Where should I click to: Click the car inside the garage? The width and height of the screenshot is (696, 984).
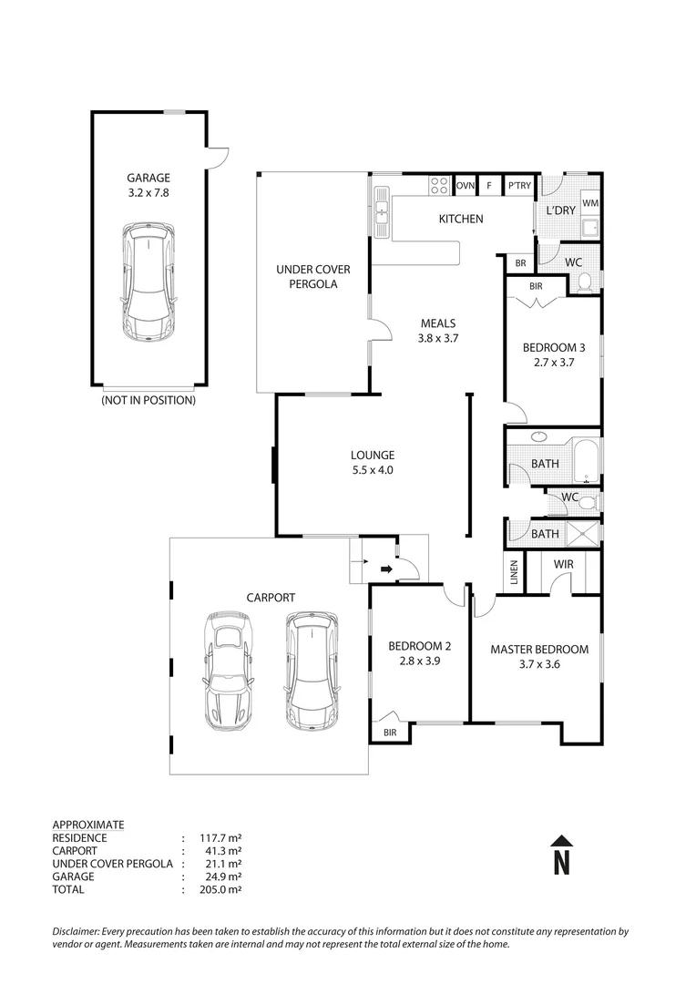click(x=148, y=283)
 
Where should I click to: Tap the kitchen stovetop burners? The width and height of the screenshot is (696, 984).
click(x=439, y=186)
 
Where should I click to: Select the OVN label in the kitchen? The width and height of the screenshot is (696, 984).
click(x=466, y=186)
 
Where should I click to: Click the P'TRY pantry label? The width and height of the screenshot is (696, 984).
click(x=519, y=186)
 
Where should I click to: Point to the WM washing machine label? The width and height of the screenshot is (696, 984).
click(x=590, y=202)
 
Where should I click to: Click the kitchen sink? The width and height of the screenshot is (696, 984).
click(x=381, y=215)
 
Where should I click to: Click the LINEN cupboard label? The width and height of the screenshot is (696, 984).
click(x=514, y=573)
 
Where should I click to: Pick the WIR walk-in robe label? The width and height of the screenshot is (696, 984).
click(x=564, y=565)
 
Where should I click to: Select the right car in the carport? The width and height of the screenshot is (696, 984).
click(x=310, y=670)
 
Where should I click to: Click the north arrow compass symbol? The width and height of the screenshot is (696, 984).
click(x=562, y=856)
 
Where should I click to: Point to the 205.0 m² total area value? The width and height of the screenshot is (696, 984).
click(x=211, y=889)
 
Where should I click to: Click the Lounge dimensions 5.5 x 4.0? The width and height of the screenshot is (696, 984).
click(x=372, y=470)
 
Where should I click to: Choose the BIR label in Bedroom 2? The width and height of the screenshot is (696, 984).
click(x=390, y=733)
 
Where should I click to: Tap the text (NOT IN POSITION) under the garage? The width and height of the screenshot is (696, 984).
click(x=148, y=400)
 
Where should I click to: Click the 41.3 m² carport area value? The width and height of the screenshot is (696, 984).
click(x=211, y=851)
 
